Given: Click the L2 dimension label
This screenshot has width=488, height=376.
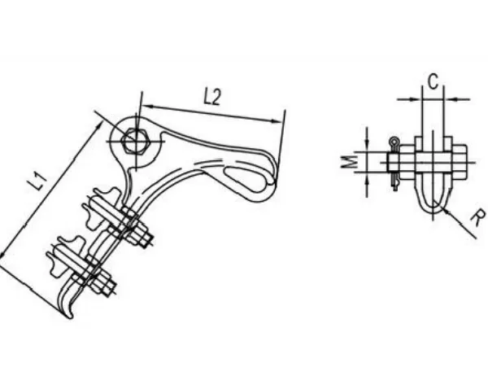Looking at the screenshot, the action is click(212, 97).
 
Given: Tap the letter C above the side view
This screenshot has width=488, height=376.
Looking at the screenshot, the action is click(434, 81).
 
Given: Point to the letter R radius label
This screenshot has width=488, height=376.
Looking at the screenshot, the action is click(477, 218).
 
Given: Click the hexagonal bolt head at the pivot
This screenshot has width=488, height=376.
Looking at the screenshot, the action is click(136, 141).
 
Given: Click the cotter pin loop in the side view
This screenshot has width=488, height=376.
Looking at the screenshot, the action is click(394, 142).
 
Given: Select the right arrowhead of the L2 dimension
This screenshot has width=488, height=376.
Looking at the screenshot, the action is click(277, 121).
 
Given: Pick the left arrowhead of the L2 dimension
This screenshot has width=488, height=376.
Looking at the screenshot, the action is click(148, 107).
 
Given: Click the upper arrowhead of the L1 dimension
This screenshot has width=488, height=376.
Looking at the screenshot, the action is click(99, 125).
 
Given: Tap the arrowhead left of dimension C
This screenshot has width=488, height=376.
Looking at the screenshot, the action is click(416, 99).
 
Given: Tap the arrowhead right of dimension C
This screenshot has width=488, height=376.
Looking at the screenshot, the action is click(450, 99).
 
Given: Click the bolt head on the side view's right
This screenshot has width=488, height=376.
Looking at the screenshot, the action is click(460, 162).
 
